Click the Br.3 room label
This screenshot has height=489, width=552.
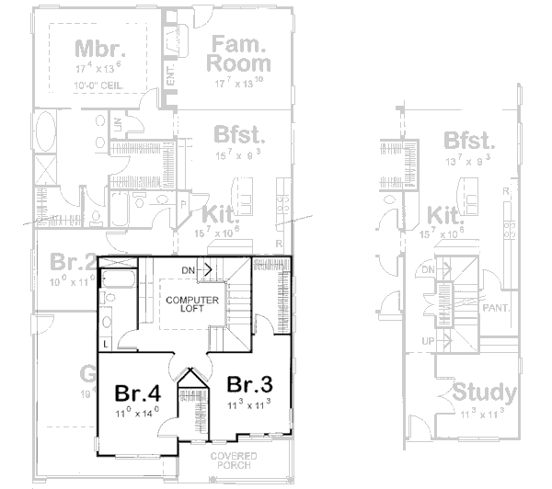(x=245, y=383)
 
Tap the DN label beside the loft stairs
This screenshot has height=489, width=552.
(x=189, y=268)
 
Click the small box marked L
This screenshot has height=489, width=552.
(x=107, y=344)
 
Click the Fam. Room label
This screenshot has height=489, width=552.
(x=239, y=53)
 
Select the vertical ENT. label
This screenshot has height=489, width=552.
(x=171, y=76)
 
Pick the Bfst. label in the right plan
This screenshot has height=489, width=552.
(x=469, y=141)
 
